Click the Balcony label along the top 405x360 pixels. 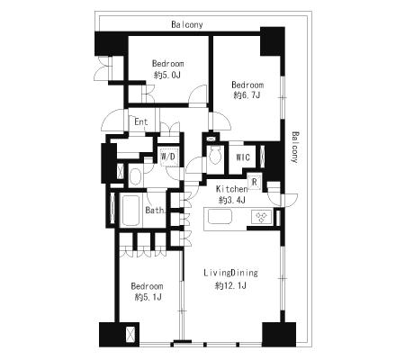point(187,24)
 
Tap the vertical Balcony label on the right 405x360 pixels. point(295,148)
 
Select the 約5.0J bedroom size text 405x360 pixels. point(167,75)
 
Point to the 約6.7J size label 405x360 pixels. point(247,95)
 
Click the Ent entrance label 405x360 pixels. point(141,121)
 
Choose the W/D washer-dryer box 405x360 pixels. point(168,157)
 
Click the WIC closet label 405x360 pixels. point(243,157)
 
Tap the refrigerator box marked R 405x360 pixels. point(255,182)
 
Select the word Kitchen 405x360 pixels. point(231,189)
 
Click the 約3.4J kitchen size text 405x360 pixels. point(232,200)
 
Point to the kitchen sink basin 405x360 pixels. point(220,216)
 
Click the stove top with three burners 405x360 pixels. point(262,217)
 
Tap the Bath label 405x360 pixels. point(155,211)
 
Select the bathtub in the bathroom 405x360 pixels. point(130,211)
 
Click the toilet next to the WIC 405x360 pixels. point(215,156)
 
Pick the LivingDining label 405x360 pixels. point(230,273)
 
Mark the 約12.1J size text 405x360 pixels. point(230,285)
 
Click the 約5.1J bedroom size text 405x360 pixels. point(148,297)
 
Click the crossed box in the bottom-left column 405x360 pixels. point(130,335)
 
